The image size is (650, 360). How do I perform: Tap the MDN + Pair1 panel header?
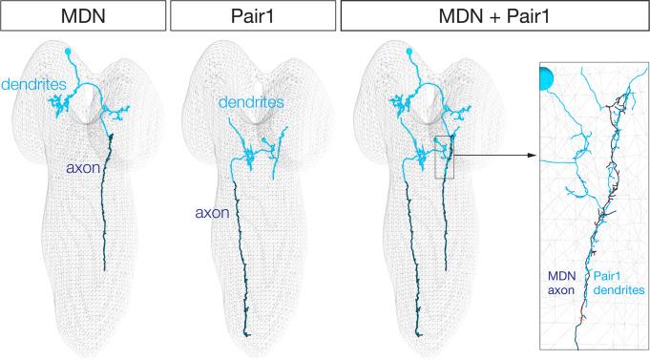pos(492,17)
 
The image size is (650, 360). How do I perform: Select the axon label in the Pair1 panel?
pos(210,213)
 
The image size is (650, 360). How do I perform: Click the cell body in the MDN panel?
pos(70,52)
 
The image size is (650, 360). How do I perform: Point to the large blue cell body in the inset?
pos(548,77)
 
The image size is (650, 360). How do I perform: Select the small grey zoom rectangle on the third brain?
pos(449,157)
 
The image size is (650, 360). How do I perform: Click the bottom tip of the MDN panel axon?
pos(104,272)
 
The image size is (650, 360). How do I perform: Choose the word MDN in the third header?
pos(451,17)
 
